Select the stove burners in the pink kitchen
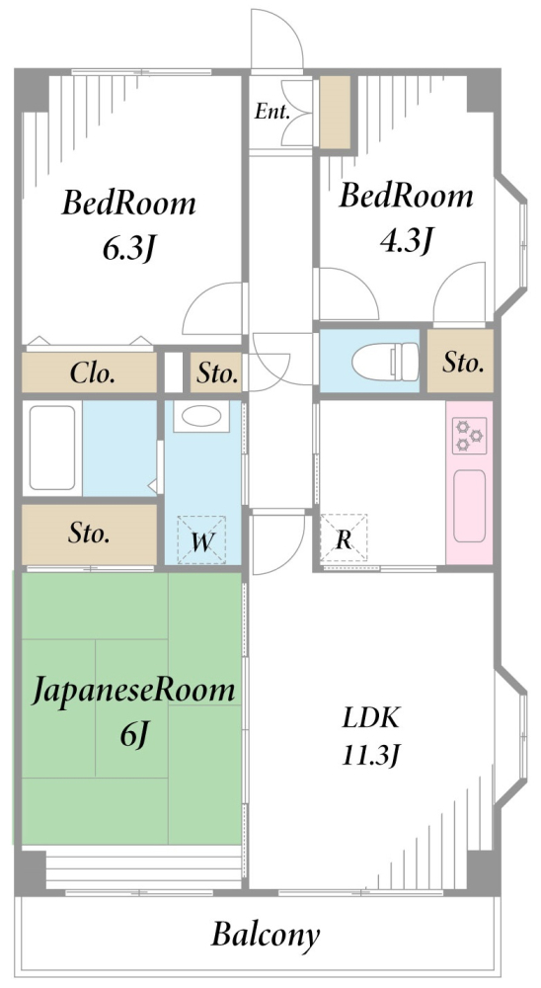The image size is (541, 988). tap(469, 436)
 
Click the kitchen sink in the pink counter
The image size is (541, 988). tap(469, 503)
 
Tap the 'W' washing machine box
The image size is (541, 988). tap(201, 540)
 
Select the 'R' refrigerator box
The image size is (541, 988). tap(342, 539)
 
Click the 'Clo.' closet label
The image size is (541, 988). tap(93, 373)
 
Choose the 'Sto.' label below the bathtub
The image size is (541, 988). tap(89, 535)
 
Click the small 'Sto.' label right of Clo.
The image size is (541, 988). tap(216, 373)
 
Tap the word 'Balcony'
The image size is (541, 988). tap(266, 934)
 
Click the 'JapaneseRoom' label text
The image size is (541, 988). tap(134, 691)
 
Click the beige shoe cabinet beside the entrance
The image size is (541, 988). tap(336, 111)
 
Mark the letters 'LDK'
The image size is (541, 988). tap(371, 716)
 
